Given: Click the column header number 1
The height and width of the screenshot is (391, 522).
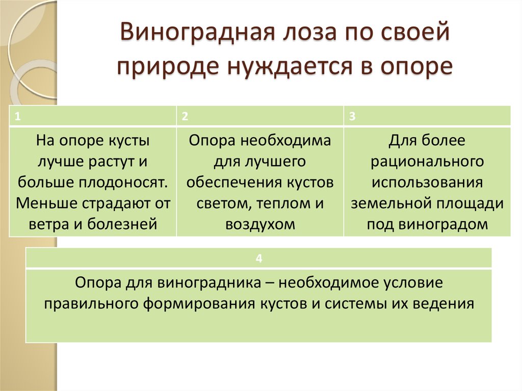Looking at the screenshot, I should (x=18, y=116).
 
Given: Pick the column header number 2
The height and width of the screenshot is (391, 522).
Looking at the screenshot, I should (x=185, y=116).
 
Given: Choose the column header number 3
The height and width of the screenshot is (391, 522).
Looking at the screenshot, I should (x=352, y=116).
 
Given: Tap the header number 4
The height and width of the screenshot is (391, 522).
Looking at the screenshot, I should (x=258, y=259).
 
